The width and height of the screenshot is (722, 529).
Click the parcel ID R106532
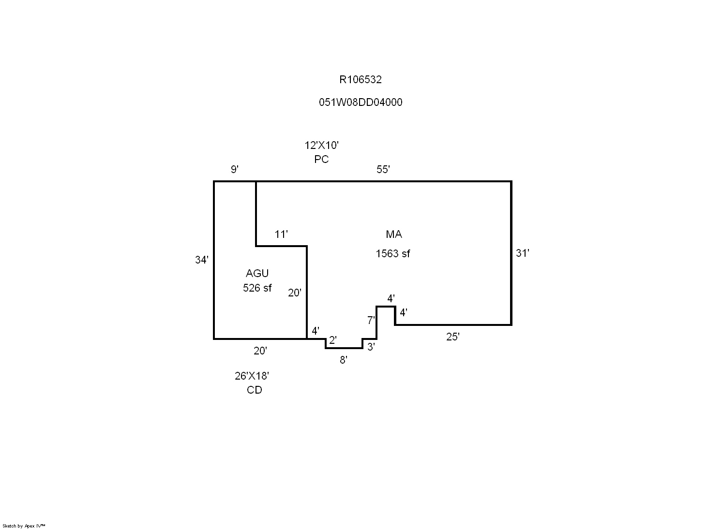tap(360, 80)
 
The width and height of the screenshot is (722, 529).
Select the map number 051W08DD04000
tap(360, 103)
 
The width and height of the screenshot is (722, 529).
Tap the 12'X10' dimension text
tap(321, 145)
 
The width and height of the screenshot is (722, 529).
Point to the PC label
tap(321, 159)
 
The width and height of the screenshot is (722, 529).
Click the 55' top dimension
tap(383, 170)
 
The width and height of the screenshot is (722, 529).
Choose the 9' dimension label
tap(235, 170)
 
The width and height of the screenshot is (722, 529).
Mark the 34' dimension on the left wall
tap(202, 260)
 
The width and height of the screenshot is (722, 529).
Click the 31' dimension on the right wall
tap(523, 253)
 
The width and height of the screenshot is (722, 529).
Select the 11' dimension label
tap(281, 235)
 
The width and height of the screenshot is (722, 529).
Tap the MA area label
tap(393, 235)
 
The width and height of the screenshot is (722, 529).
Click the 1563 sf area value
tap(392, 253)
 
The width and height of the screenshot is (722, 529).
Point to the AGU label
tap(257, 274)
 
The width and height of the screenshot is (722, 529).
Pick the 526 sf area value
tap(257, 288)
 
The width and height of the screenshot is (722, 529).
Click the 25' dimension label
tap(452, 337)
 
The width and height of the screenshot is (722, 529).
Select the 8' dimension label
tap(343, 360)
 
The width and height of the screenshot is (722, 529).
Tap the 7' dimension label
tap(371, 320)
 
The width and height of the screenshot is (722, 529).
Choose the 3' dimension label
tap(371, 347)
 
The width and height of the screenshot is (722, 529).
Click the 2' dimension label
tap(332, 340)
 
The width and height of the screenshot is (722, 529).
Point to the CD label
tap(254, 390)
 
